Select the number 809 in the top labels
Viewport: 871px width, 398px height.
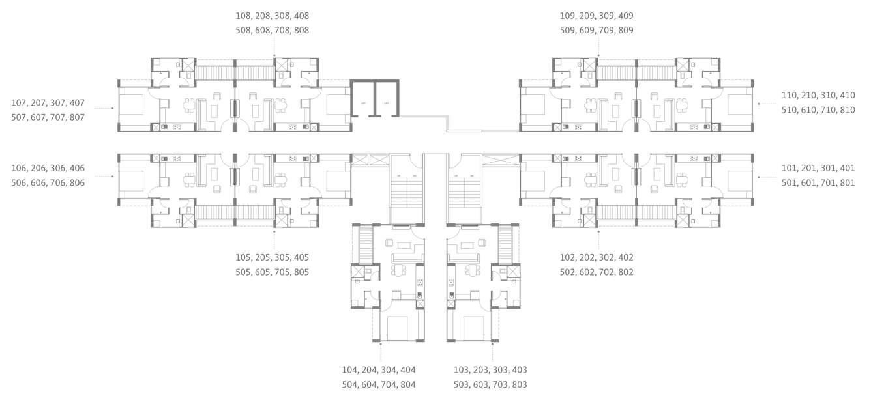[x=625, y=31]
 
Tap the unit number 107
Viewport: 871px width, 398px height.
[x=20, y=103]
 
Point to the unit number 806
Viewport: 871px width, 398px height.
[x=76, y=183]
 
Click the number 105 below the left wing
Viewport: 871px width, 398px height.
[x=244, y=257]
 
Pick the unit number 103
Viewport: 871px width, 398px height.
[x=462, y=370]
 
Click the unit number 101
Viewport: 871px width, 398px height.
[x=790, y=168]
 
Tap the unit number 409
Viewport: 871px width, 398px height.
[x=625, y=16]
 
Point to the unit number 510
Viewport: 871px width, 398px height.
[x=790, y=110]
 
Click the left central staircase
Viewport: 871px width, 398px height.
[x=406, y=193]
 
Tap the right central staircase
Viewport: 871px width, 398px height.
[x=464, y=193]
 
